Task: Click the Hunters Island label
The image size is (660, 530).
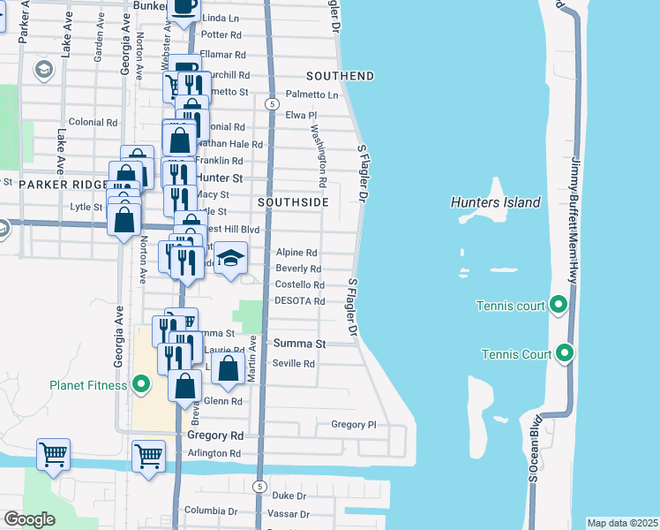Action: tap(495, 202)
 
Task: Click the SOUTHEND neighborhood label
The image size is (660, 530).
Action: tap(341, 76)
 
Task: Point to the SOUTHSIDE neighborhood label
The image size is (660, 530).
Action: tap(293, 202)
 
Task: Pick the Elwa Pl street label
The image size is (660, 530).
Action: tap(300, 115)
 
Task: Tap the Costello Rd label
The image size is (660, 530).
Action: tap(300, 284)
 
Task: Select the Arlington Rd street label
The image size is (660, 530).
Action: tap(214, 453)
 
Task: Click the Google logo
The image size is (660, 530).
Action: tap(29, 519)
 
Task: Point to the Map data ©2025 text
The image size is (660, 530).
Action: tap(622, 523)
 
